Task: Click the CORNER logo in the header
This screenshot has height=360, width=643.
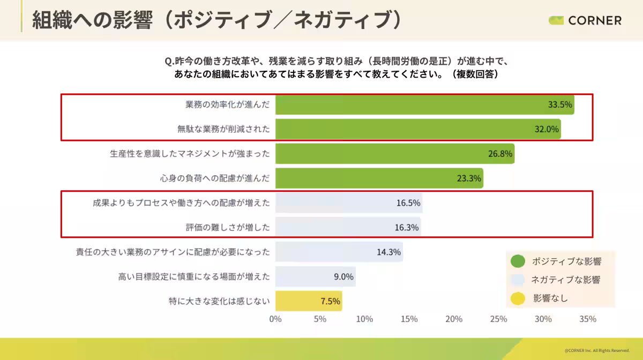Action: point(585,20)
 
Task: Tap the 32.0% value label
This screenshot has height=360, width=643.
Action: point(546,129)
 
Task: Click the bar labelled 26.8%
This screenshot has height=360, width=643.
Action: point(394,154)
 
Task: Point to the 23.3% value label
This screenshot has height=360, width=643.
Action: point(469,178)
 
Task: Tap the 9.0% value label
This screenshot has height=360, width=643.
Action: point(343,276)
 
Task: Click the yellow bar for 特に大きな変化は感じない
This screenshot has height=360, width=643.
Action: point(308,301)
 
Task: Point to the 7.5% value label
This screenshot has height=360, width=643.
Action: point(330,301)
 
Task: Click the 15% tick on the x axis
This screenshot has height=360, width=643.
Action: point(409,319)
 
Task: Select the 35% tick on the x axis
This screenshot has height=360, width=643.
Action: point(587,319)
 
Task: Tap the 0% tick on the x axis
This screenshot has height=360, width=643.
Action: point(275,319)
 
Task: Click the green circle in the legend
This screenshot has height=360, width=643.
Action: point(518,261)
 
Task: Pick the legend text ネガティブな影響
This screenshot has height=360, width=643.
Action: point(565,280)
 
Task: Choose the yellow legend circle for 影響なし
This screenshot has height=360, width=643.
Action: point(518,298)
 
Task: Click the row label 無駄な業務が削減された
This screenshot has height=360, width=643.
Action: point(223,129)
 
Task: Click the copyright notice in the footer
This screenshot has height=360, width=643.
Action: point(596,351)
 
